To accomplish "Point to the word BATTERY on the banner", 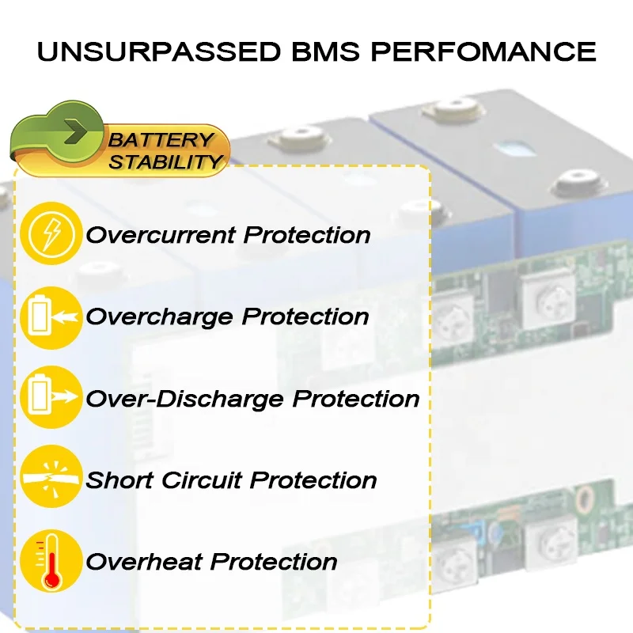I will (162, 141).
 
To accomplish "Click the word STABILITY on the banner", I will (165, 162).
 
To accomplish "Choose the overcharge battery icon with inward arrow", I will (51, 316).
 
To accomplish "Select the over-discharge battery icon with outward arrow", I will (51, 398).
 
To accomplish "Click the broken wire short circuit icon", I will (51, 479).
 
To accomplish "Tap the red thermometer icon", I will (51, 561).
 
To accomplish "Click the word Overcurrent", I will (161, 235).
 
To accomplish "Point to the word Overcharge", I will (160, 316).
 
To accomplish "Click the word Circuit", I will (215, 479).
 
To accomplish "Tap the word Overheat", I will (144, 562).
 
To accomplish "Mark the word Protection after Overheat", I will (274, 562).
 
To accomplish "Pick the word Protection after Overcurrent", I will (307, 235).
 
